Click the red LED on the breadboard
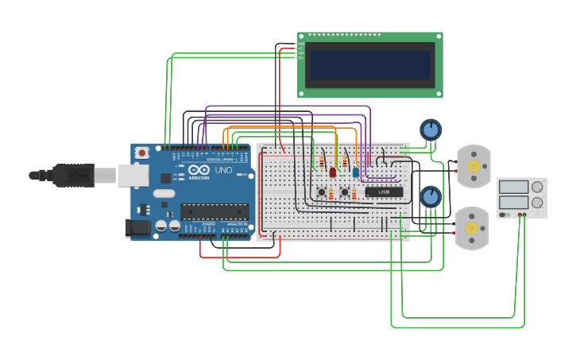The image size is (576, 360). point(333,172)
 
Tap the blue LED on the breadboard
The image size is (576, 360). point(355,172)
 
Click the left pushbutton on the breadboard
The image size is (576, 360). point(322,192)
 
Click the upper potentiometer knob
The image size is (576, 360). point(430,129)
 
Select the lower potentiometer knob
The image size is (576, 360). point(430,195)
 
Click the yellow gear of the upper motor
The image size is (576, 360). point(474,166)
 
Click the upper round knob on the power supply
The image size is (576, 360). point(538,187)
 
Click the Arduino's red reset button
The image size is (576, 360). point(141,153)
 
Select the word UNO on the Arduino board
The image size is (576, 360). point(223,170)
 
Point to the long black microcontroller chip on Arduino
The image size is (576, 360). point(215,211)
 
